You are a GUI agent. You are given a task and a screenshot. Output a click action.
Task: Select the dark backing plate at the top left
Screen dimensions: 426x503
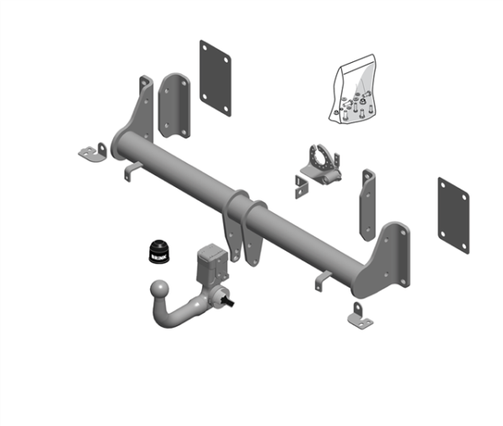[215, 78]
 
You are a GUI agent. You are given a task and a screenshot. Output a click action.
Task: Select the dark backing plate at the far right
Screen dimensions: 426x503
[453, 215]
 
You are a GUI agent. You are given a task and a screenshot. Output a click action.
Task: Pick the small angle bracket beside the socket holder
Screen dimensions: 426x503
[302, 186]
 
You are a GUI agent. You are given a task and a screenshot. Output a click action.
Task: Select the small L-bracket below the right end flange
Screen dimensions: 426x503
[358, 316]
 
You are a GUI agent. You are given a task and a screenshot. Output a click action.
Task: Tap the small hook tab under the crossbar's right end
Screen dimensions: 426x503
[324, 281]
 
